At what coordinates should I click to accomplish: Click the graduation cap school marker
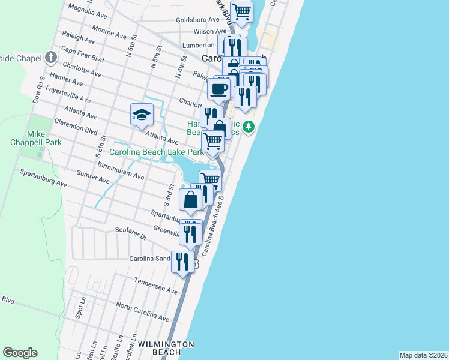(142, 114)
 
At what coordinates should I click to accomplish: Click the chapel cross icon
(51, 58)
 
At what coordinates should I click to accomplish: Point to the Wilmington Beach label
(166, 349)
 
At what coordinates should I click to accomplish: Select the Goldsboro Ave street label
(197, 19)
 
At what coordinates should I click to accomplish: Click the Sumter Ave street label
(92, 176)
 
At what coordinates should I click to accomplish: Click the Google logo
(20, 353)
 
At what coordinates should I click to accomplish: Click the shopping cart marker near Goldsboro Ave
(241, 11)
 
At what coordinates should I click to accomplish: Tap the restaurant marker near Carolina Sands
(182, 262)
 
